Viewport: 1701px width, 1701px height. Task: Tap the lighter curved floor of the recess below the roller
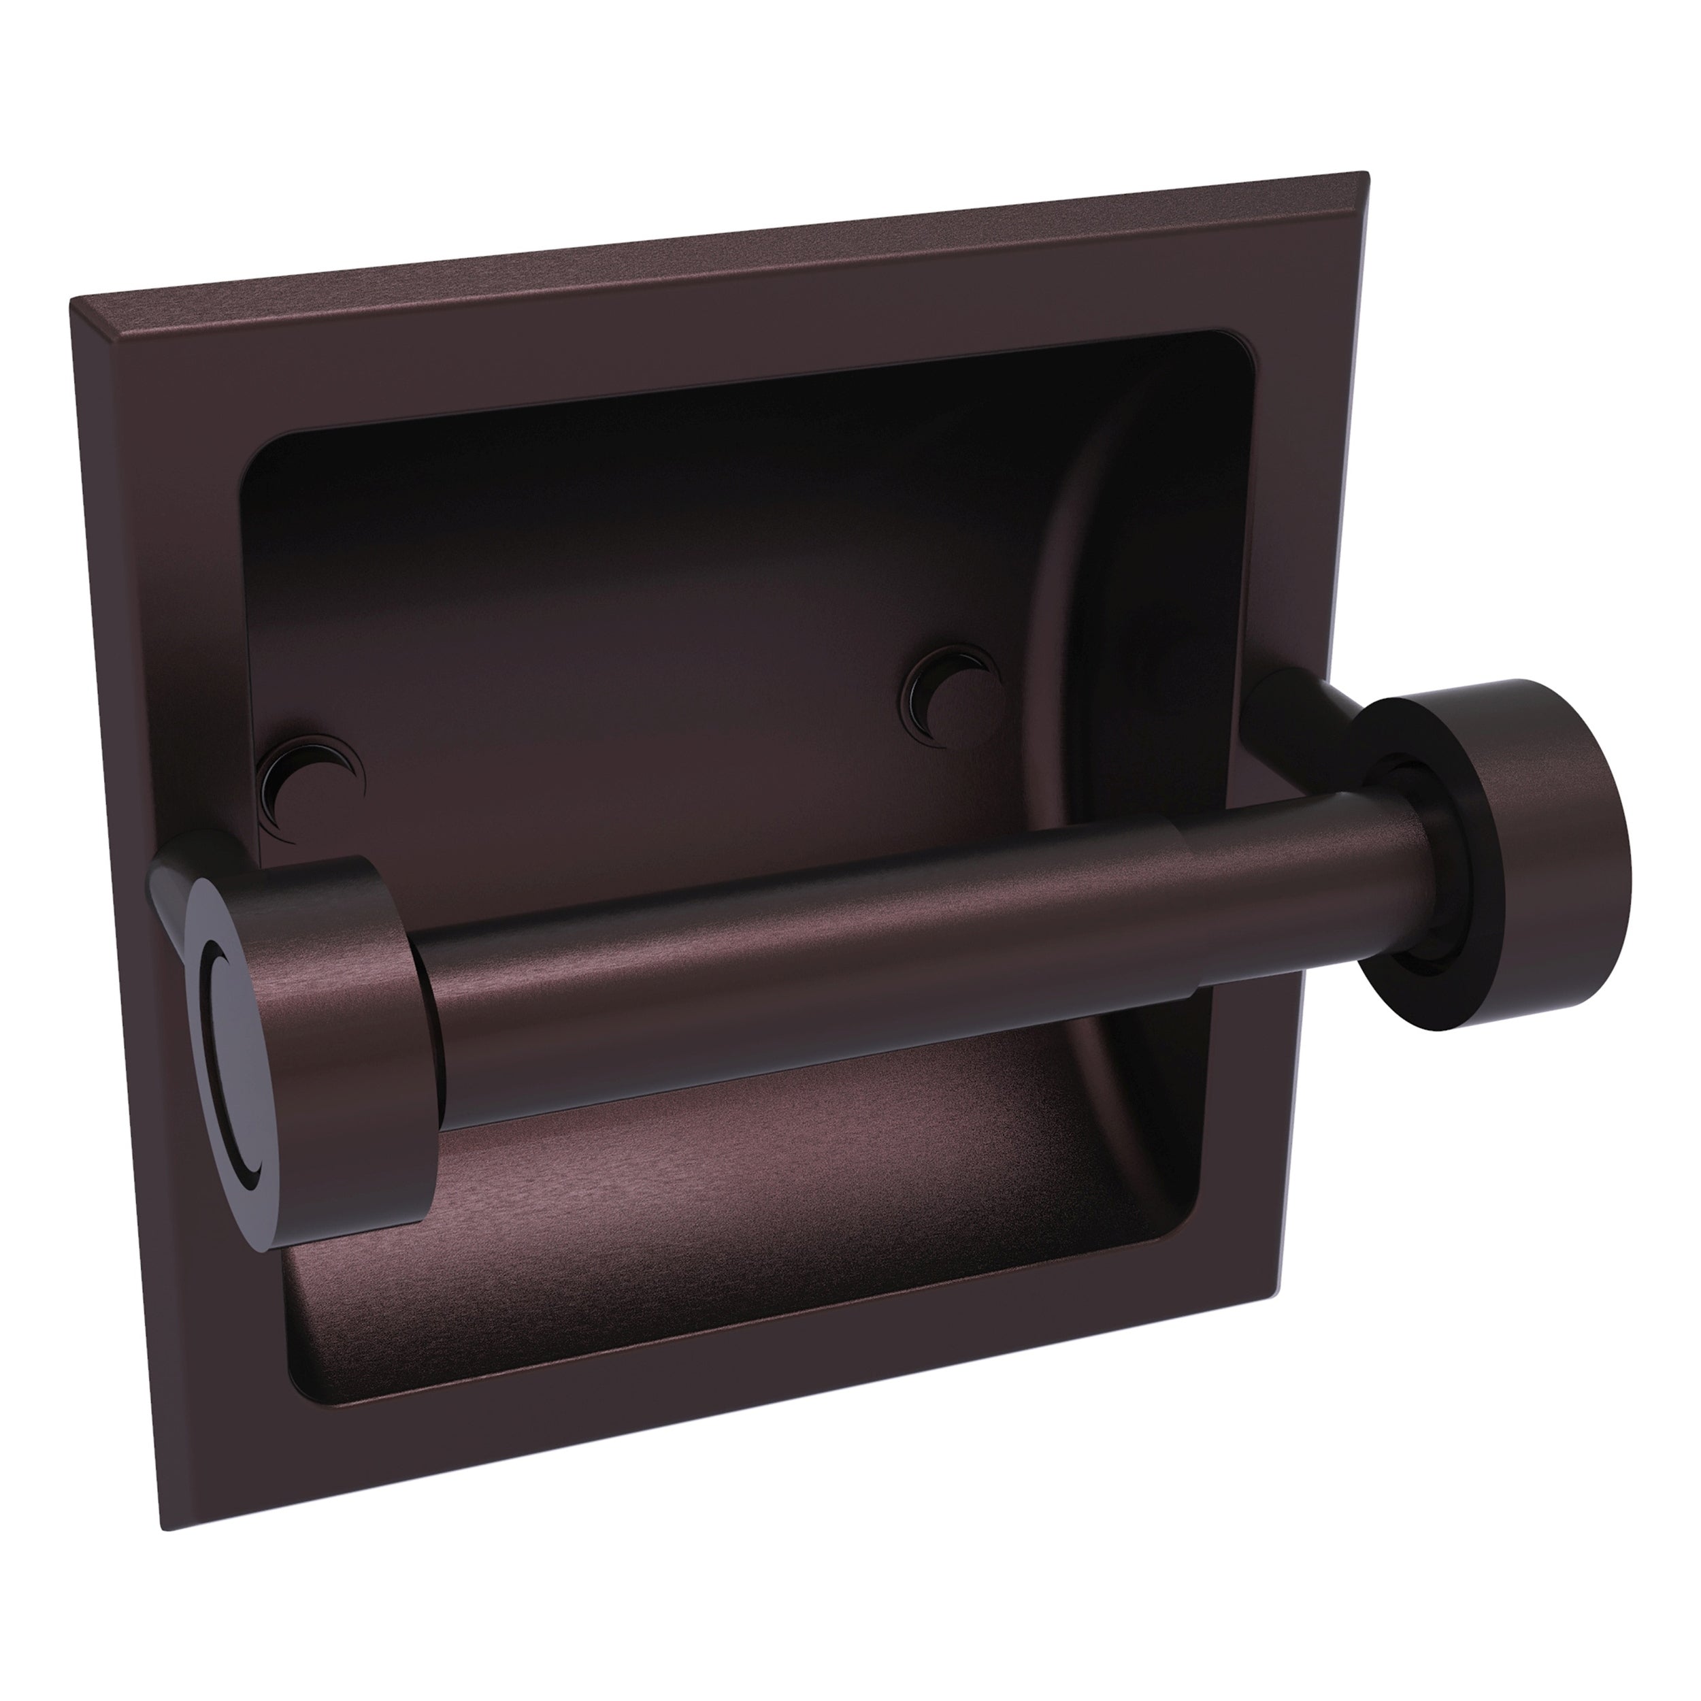[704, 1233]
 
